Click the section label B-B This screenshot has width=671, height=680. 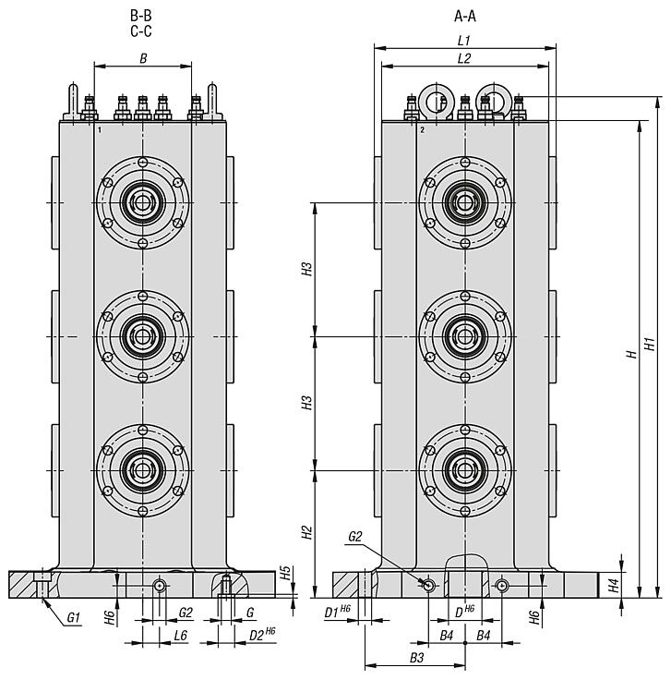pyautogui.click(x=141, y=16)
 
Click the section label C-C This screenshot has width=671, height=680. pyautogui.click(x=141, y=31)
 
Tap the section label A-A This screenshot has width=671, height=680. pyautogui.click(x=465, y=16)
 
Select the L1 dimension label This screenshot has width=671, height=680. pyautogui.click(x=464, y=41)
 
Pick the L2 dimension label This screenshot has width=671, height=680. pyautogui.click(x=464, y=58)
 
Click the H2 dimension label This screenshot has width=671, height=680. pyautogui.click(x=307, y=533)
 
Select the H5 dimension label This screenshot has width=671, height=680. pyautogui.click(x=285, y=573)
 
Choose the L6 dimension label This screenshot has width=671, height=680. pyautogui.click(x=180, y=637)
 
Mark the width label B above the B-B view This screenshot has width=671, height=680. pyautogui.click(x=142, y=58)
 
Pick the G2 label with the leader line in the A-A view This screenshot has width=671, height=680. pyautogui.click(x=355, y=536)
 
